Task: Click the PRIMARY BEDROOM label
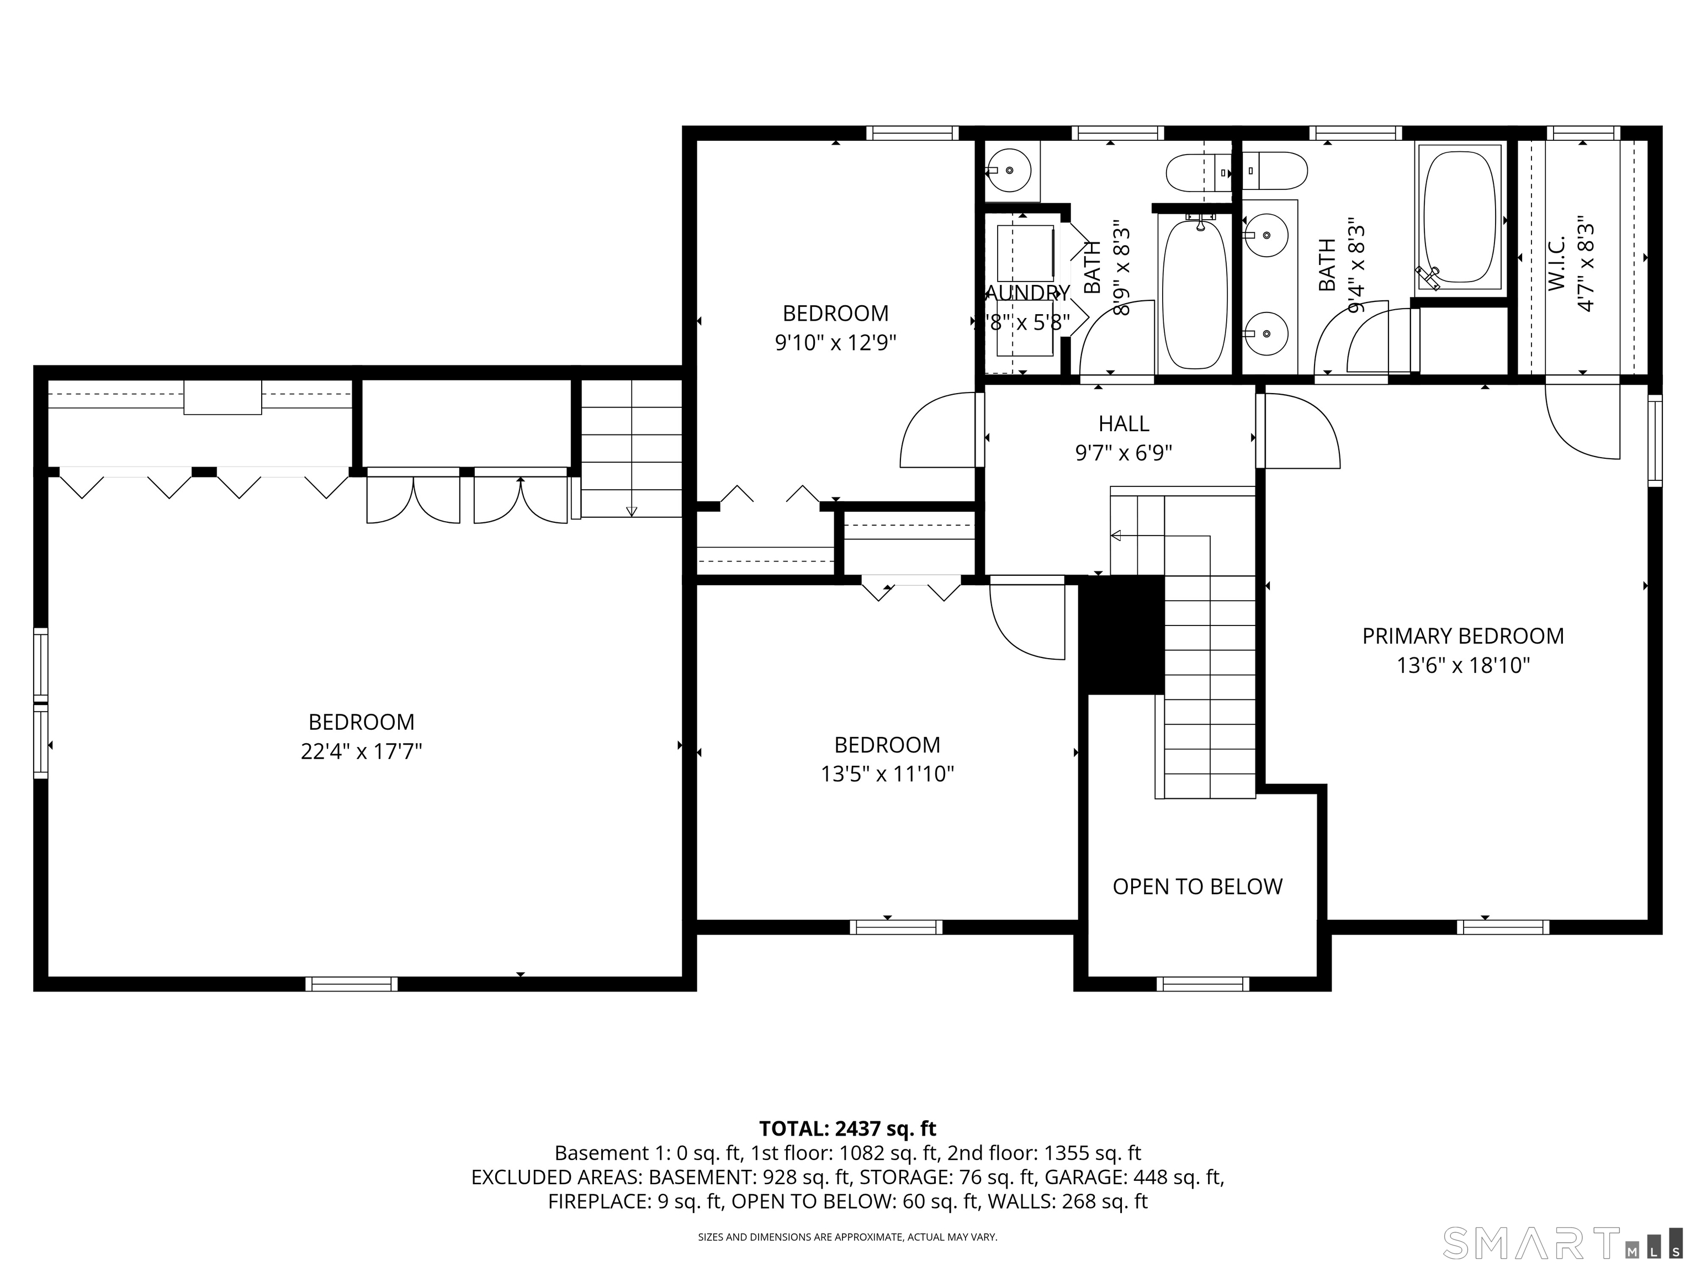1463,635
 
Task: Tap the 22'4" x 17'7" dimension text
361,751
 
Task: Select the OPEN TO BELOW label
1197,886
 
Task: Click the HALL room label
1123,424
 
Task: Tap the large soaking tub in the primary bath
1459,217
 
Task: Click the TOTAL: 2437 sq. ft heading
847,1128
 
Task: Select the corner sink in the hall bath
1009,170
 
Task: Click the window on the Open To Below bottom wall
1202,984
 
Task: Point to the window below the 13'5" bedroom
895,927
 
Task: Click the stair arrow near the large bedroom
631,510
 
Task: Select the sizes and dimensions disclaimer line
847,1237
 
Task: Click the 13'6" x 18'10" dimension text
1463,665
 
